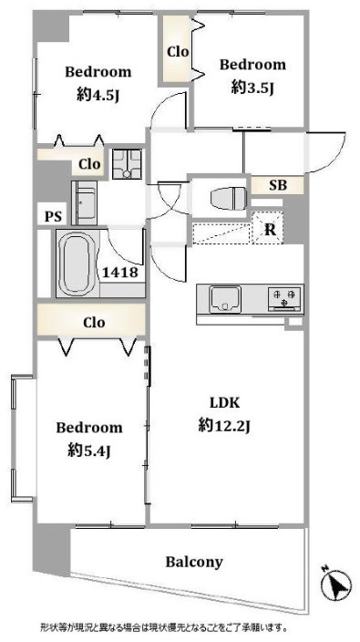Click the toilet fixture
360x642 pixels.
(229, 199)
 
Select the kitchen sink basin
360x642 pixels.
(225, 299)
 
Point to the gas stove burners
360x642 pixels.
(284, 297)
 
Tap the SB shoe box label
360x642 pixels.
(278, 185)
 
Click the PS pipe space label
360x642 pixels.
(53, 216)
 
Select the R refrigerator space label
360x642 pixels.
(270, 230)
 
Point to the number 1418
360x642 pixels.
(120, 273)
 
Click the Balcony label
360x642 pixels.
(194, 562)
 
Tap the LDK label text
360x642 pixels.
(224, 403)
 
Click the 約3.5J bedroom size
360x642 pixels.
(252, 87)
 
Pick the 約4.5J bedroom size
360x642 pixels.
(98, 95)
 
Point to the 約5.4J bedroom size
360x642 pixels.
(88, 450)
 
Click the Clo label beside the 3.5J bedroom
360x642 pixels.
(178, 52)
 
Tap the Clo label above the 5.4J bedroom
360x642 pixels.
(94, 322)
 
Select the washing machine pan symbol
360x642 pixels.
(127, 164)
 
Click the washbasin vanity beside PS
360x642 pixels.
(85, 203)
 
